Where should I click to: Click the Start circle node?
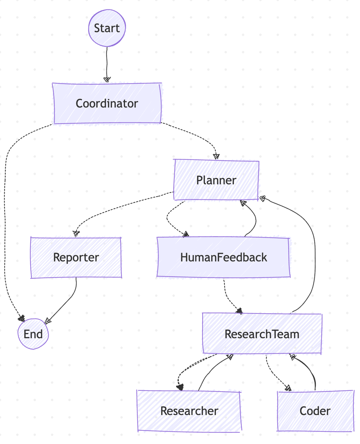coord(107,28)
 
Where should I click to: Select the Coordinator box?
coord(107,103)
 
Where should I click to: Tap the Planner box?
coord(216,180)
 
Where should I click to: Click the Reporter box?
coord(76,257)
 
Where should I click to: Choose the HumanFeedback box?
coord(223,257)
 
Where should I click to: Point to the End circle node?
coord(33,334)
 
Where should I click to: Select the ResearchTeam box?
coord(262,334)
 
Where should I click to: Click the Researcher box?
coord(189,411)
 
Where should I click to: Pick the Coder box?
coord(315,411)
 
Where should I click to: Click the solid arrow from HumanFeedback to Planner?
coord(255,219)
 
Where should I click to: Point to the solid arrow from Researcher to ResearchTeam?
coord(211,371)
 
